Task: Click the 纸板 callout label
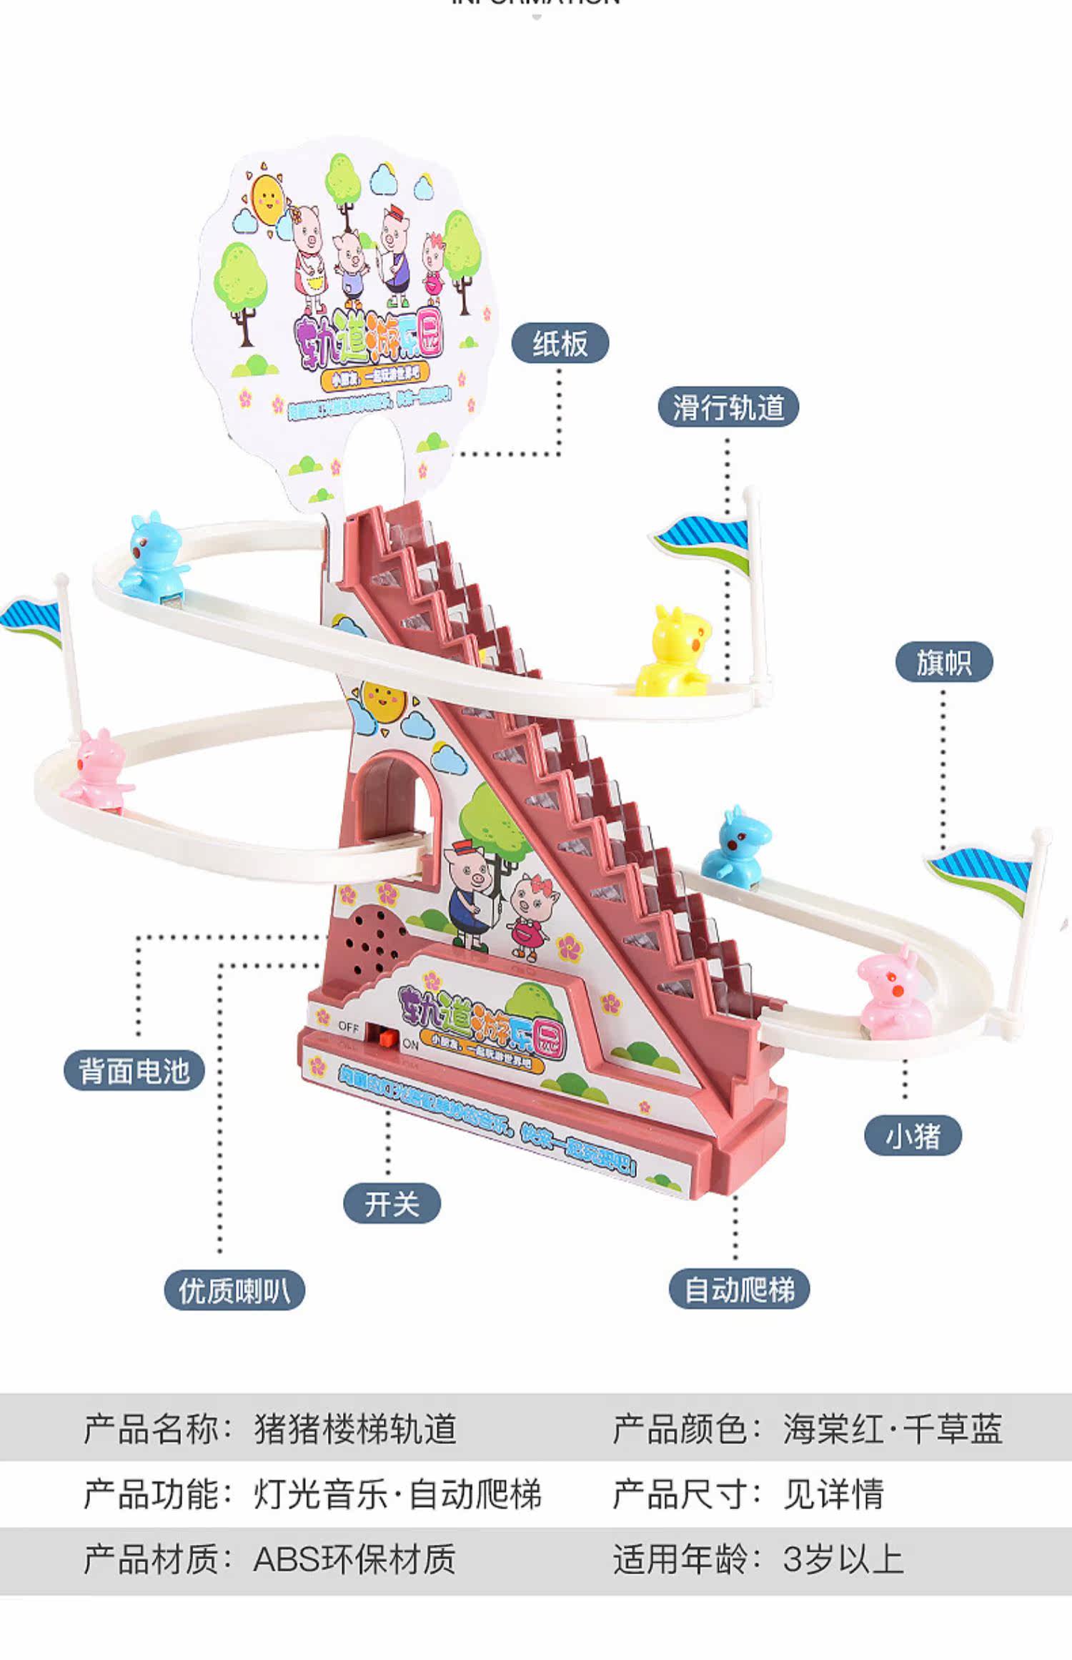pos(560,345)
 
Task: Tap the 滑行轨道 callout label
pos(728,407)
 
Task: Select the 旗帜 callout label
pos(943,662)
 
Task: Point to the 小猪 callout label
pos(913,1135)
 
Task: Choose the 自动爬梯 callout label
pos(739,1290)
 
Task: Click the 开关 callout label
pos(392,1204)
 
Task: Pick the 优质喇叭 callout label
pos(234,1290)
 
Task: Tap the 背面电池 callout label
pos(134,1071)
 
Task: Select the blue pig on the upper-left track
pos(152,554)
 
